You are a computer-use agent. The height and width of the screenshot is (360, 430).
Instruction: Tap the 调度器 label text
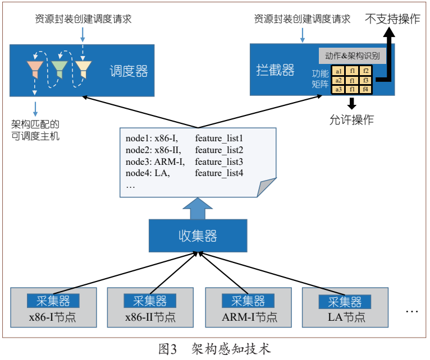click(129, 71)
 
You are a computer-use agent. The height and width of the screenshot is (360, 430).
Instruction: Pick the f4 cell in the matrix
click(365, 89)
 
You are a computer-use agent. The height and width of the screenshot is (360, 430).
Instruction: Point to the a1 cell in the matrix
click(338, 71)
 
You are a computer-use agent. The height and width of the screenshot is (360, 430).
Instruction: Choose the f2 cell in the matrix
click(365, 71)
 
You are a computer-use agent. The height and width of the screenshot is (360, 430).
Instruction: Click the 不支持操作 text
click(393, 19)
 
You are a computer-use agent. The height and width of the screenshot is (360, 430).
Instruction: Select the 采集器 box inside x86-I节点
click(53, 301)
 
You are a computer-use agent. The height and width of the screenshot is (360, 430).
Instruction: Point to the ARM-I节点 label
click(249, 317)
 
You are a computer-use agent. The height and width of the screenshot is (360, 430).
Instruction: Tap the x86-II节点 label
click(150, 317)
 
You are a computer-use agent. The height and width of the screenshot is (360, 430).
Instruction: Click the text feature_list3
click(219, 161)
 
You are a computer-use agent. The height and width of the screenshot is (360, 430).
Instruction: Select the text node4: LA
click(148, 173)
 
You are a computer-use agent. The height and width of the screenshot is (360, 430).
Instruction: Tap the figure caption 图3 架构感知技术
click(215, 349)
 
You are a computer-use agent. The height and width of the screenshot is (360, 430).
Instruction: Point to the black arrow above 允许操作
click(352, 103)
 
